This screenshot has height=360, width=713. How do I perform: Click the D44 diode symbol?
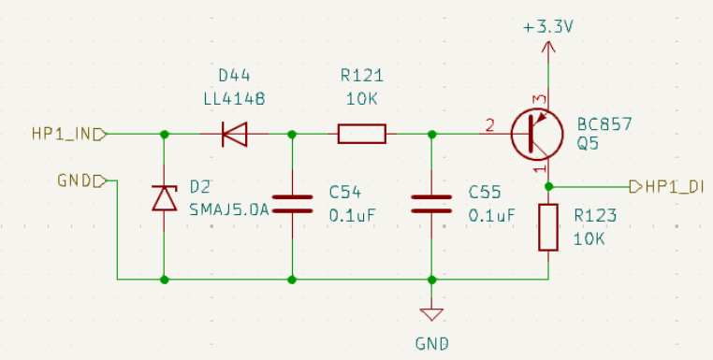[x=234, y=135]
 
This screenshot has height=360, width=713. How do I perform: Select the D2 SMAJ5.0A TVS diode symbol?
[x=165, y=198]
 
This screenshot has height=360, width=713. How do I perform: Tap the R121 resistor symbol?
[x=361, y=135]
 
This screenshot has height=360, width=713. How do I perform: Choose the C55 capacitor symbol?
[x=431, y=204]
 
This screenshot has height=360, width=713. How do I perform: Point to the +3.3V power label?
[x=547, y=26]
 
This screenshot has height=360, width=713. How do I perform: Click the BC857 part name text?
[x=604, y=124]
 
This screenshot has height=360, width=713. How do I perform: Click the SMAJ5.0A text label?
[x=229, y=208]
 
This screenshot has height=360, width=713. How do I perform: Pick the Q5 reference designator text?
[x=588, y=145]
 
